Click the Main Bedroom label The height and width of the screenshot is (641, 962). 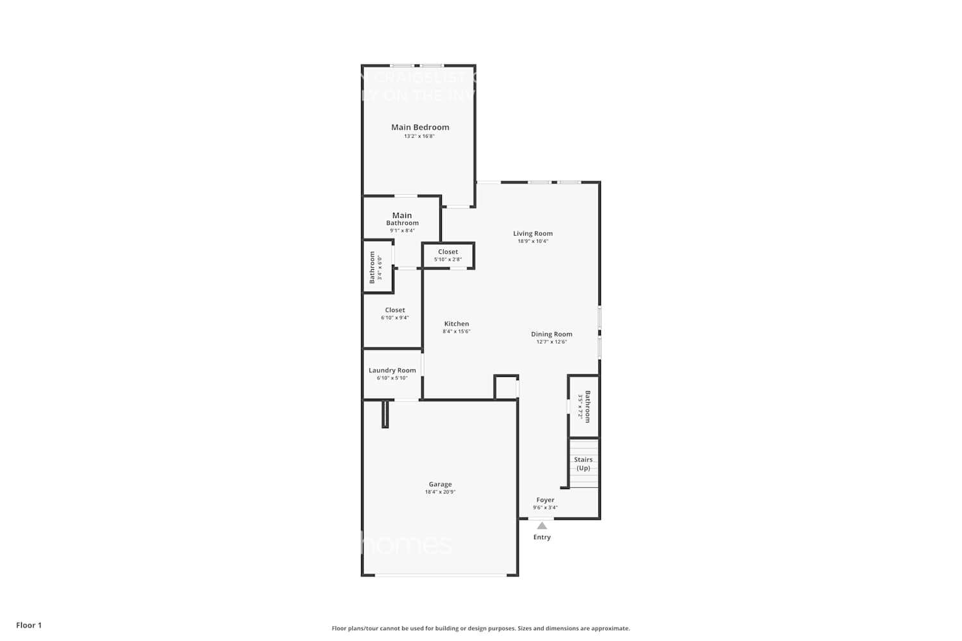(x=420, y=127)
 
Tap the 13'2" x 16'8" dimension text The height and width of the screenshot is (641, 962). (x=419, y=137)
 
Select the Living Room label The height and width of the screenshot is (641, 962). (x=532, y=233)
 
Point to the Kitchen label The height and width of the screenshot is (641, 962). (x=457, y=324)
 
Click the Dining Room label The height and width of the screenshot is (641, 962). (x=552, y=334)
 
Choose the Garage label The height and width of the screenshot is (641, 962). (x=440, y=484)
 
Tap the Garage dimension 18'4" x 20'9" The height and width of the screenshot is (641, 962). (x=440, y=492)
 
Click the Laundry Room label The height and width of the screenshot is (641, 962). (x=392, y=370)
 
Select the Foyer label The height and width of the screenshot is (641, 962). (x=545, y=500)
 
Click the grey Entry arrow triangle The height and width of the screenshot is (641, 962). (x=542, y=526)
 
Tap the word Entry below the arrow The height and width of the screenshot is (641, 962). (x=542, y=537)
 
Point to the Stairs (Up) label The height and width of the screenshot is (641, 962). (x=583, y=463)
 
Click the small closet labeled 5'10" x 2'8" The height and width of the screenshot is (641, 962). (x=448, y=255)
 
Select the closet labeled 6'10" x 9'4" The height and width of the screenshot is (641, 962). (x=394, y=313)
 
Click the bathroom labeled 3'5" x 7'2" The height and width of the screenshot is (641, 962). (x=584, y=406)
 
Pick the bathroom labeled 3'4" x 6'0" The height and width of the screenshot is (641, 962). (x=376, y=267)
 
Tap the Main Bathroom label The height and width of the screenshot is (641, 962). (x=402, y=219)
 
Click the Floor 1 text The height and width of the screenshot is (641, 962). (x=29, y=625)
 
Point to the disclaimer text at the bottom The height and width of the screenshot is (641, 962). (x=480, y=628)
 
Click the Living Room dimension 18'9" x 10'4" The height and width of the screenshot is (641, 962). (x=532, y=242)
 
